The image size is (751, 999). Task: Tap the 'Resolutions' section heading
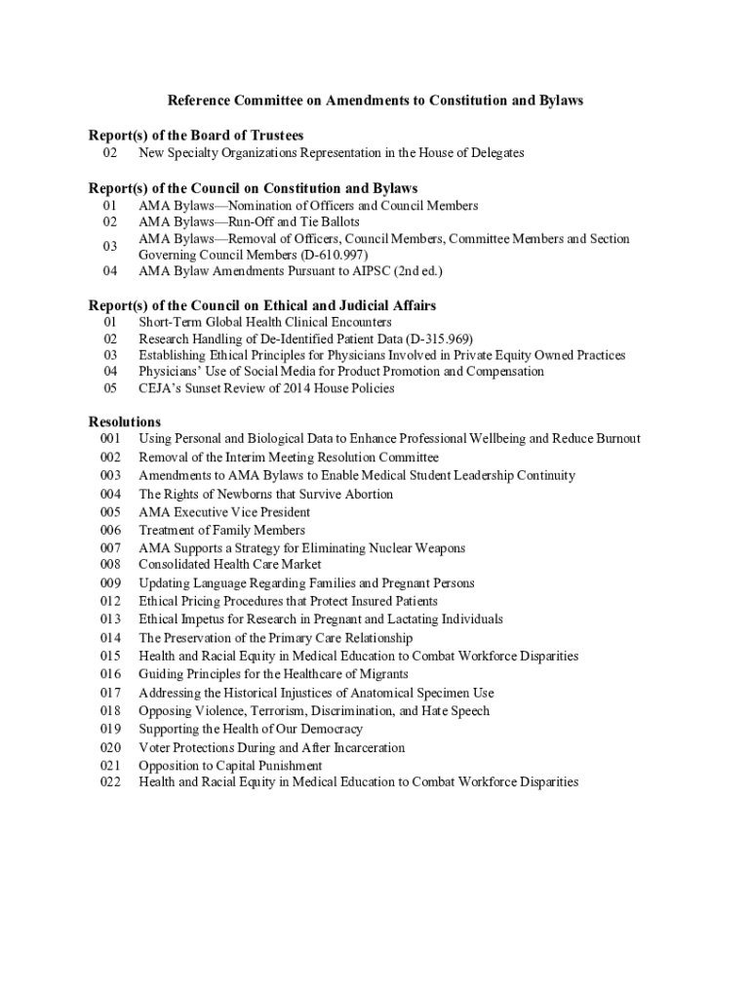coord(125,421)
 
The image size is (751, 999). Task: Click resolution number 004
coord(110,495)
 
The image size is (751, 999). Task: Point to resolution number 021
coord(110,766)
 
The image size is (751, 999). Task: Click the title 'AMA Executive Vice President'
coord(224,512)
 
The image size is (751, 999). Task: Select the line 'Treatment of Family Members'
coord(221,531)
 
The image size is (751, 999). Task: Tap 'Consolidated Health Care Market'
coord(230,564)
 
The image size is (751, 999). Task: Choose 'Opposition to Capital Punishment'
coord(230,766)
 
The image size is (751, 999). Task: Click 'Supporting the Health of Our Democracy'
coord(251,729)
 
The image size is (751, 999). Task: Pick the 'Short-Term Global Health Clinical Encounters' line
coord(265,322)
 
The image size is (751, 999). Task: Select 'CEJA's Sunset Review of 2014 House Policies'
coord(266,388)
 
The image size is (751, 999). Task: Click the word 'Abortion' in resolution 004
coord(366,495)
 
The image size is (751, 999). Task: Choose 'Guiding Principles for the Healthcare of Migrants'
coord(273,674)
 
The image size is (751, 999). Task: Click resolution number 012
coord(110,601)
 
